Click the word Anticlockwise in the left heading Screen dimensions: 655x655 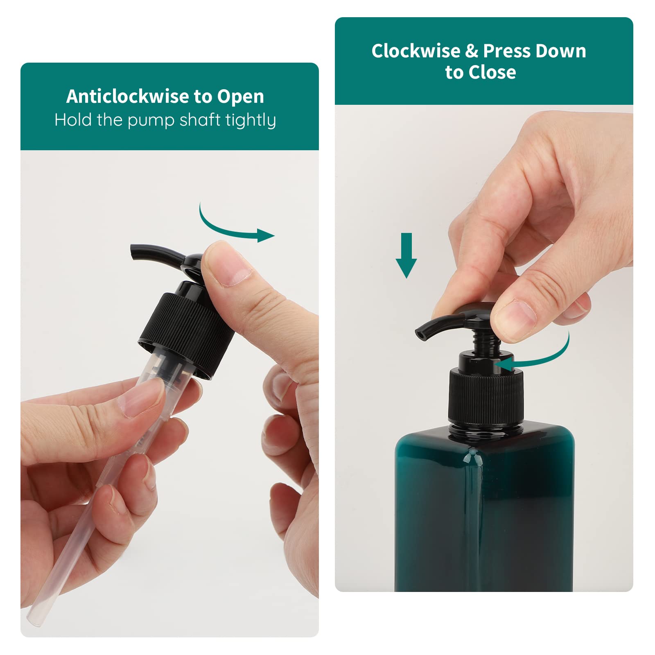coord(128,97)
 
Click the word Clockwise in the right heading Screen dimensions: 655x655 coord(416,51)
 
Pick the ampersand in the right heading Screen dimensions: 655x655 coord(472,52)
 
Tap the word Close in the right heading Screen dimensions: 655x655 coord(492,72)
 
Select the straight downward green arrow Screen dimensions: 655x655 coord(406,256)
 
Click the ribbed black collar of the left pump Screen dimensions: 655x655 coord(186,336)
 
